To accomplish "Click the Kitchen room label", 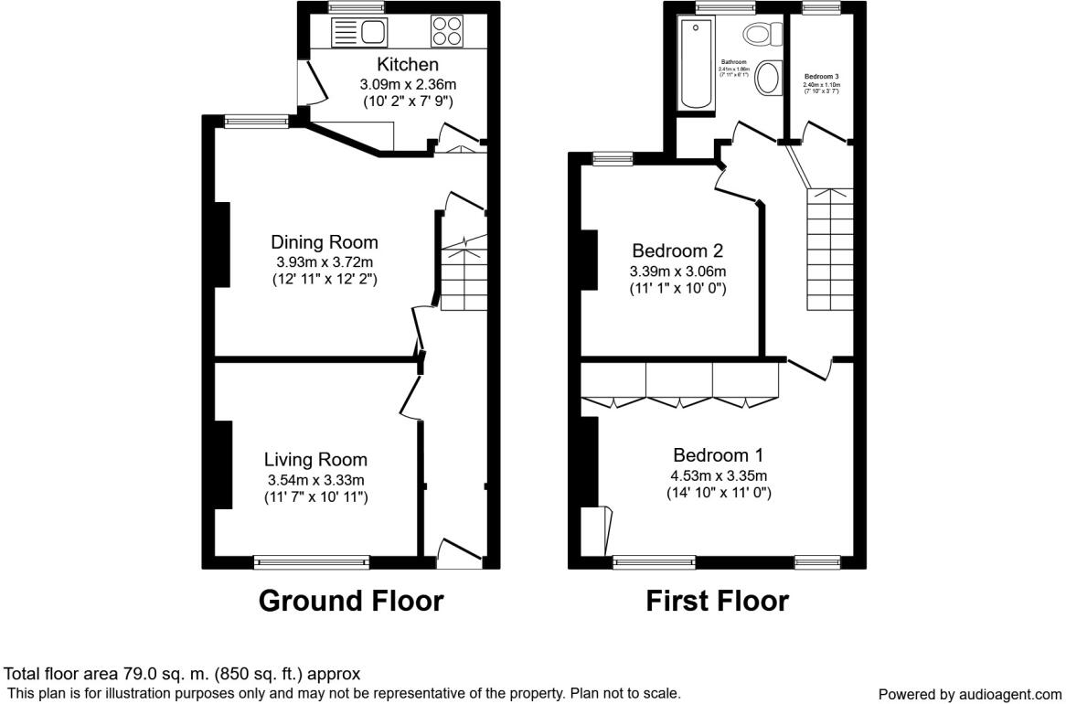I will (x=408, y=65).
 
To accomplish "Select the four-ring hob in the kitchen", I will (x=447, y=31).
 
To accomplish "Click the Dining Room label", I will (x=324, y=242).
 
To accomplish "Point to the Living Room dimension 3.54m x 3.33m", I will (x=315, y=479).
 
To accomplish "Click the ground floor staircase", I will (x=464, y=274).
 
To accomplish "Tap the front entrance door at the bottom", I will (x=460, y=554).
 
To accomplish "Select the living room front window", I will (x=312, y=562).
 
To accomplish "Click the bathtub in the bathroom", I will (x=695, y=64).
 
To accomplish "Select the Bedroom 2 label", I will (x=677, y=251).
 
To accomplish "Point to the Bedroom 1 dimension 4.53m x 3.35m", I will (x=719, y=475).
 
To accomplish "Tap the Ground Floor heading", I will (x=350, y=601).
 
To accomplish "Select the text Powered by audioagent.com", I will (x=970, y=694).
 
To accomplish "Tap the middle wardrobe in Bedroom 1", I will (x=678, y=382).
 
